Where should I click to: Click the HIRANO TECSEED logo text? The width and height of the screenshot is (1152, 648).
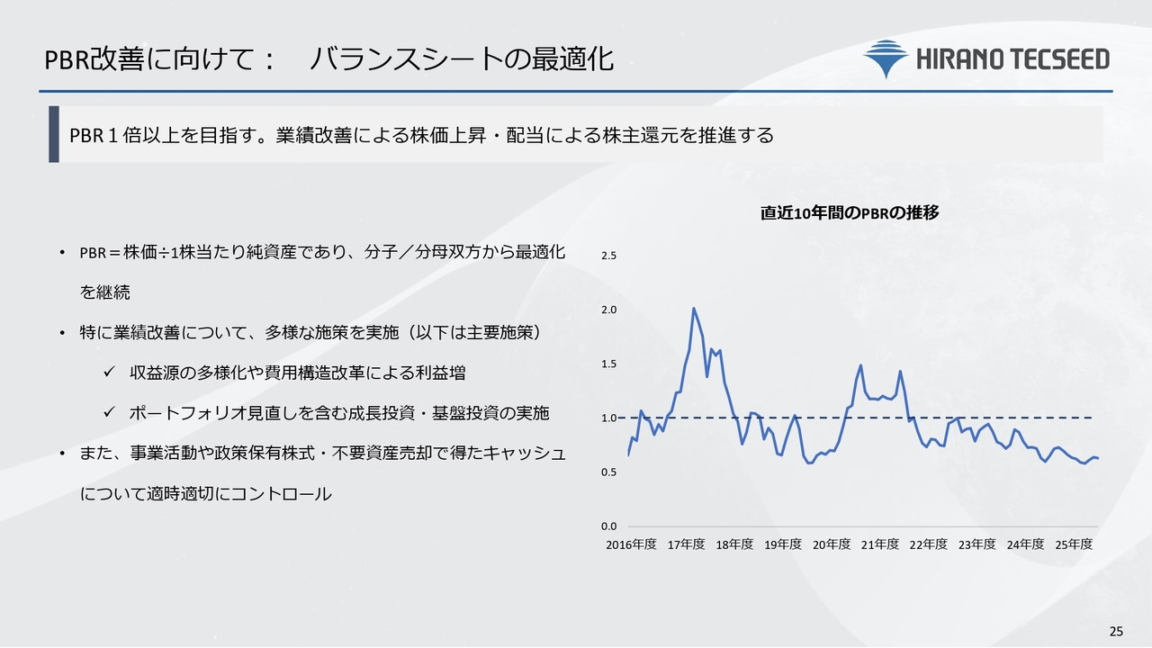click(1012, 59)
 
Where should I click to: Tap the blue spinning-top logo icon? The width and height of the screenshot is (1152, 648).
click(886, 58)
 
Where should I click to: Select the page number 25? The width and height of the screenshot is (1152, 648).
click(1116, 632)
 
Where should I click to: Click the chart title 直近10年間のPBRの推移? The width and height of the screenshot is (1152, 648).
click(850, 213)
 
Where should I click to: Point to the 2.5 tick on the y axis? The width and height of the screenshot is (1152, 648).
click(609, 256)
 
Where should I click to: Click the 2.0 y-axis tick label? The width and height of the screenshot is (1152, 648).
click(609, 310)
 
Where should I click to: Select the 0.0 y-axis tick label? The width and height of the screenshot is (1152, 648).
click(609, 526)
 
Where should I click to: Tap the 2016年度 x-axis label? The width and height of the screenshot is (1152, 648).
click(631, 544)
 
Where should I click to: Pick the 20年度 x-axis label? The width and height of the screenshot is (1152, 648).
click(831, 544)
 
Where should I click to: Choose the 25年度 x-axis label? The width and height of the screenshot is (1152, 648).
click(1074, 544)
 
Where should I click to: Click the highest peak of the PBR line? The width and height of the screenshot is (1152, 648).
click(694, 309)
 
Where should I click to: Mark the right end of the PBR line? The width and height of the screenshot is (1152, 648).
click(1098, 458)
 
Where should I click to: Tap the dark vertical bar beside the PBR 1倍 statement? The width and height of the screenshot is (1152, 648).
click(54, 134)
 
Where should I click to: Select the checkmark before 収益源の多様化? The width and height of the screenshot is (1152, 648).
click(109, 372)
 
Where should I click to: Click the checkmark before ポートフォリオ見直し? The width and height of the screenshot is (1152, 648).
click(109, 411)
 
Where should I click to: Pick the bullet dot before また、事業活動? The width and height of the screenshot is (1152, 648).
click(62, 454)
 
